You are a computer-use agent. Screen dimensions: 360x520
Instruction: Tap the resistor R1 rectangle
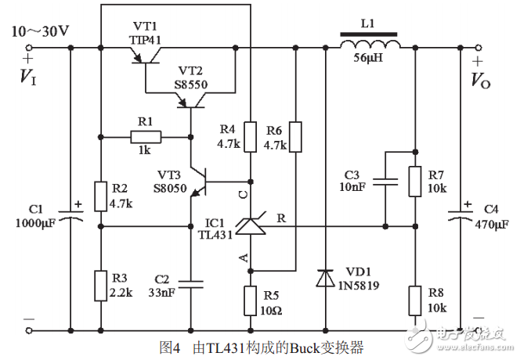[x=146, y=138]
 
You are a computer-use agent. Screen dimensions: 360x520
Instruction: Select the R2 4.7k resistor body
[x=101, y=196]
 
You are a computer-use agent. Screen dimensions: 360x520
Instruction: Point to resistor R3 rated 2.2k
[x=101, y=286]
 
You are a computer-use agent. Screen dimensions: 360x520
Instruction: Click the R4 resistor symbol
[x=251, y=137]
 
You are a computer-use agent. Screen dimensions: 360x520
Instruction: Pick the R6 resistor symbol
[x=295, y=137]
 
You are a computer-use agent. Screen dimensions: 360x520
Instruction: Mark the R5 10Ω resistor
[x=251, y=301]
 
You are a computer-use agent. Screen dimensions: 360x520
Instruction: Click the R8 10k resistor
[x=414, y=301]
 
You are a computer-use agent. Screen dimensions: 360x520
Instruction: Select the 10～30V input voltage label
[x=40, y=32]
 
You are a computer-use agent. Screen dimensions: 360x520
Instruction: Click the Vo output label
[x=479, y=78]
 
